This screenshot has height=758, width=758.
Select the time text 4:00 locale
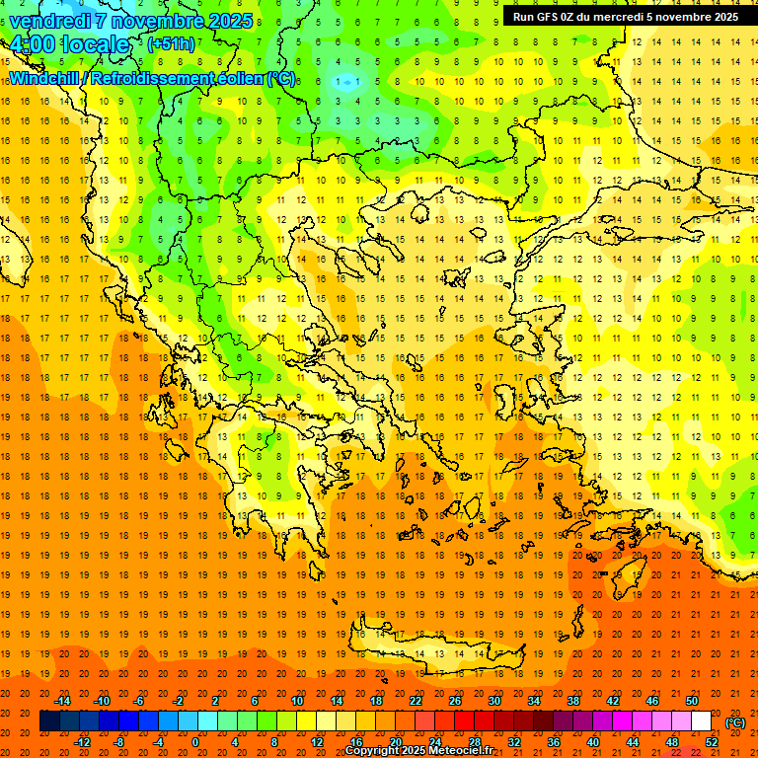click(x=69, y=45)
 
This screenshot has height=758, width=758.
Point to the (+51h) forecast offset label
click(x=170, y=44)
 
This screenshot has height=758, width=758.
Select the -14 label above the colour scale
click(x=62, y=700)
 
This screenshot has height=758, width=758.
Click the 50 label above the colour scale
click(x=691, y=700)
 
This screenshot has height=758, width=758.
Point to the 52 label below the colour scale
click(x=711, y=741)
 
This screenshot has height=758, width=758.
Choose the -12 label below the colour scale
click(x=83, y=741)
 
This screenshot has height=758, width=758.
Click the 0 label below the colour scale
click(x=195, y=741)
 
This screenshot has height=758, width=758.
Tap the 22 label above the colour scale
click(x=416, y=700)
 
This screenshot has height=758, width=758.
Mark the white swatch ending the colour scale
click(x=701, y=720)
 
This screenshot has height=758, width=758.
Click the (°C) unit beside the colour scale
click(x=735, y=721)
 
